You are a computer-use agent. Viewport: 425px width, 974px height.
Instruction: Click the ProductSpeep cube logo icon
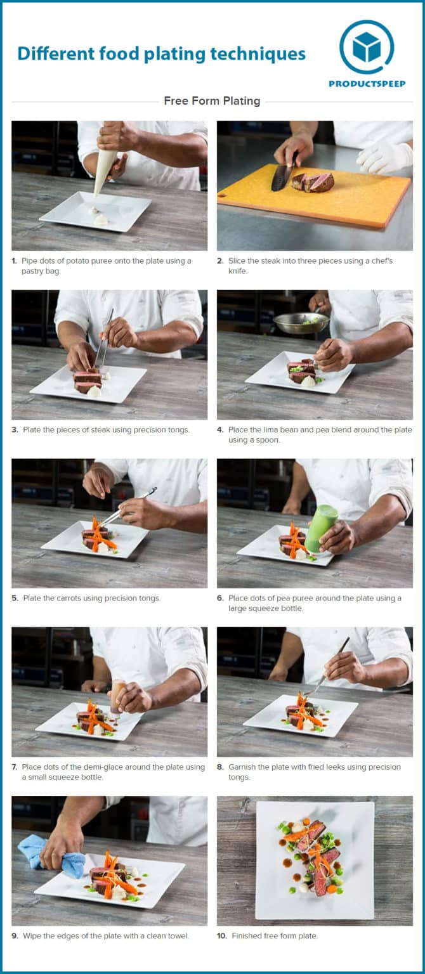click(367, 47)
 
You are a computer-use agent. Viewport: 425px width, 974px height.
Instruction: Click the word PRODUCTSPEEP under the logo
click(367, 84)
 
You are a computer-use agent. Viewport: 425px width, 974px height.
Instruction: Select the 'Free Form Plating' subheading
click(212, 101)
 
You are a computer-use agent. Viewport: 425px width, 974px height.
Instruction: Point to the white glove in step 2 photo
click(384, 157)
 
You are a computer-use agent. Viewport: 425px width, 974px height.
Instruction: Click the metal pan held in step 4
click(300, 323)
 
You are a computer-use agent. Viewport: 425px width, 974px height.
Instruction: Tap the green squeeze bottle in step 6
click(321, 528)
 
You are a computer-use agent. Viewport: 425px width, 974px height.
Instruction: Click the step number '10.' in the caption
click(221, 936)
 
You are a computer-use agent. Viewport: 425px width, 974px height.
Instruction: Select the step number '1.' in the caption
click(15, 261)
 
